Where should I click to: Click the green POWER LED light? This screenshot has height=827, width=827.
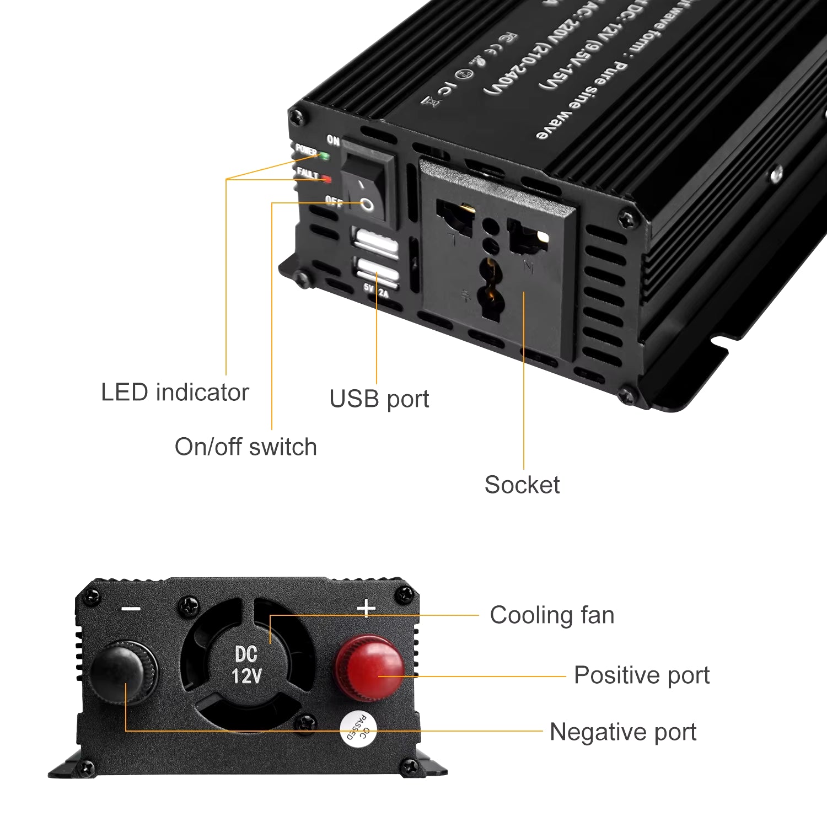point(324,156)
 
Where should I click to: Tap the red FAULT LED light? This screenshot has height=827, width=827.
point(326,179)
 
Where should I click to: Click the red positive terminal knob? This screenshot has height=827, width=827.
point(369,667)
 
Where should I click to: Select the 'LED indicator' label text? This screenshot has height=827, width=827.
point(175,393)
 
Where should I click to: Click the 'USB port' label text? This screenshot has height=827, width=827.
point(379,399)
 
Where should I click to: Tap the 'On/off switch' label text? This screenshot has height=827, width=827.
point(246,447)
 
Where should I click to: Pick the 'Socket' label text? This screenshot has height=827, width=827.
point(522,485)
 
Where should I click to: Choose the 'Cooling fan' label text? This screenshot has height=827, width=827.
point(552,615)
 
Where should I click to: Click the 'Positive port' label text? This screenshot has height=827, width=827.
point(642,675)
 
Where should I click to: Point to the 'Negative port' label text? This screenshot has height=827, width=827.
point(623,732)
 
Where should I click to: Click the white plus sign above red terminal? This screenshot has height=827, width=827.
point(366,609)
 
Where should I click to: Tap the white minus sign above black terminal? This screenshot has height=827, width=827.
point(131,609)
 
